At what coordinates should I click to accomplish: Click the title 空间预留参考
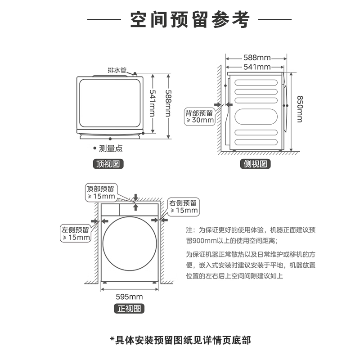(x=189, y=20)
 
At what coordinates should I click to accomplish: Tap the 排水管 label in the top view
(x=117, y=70)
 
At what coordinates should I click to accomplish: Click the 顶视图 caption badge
(x=108, y=164)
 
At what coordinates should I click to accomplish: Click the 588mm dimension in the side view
(x=257, y=58)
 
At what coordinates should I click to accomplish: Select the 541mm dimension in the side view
(x=257, y=67)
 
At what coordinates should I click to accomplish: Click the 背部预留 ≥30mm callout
(x=200, y=116)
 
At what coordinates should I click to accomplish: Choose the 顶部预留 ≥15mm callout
(x=101, y=193)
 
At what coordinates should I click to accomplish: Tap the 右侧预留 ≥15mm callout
(x=183, y=207)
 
